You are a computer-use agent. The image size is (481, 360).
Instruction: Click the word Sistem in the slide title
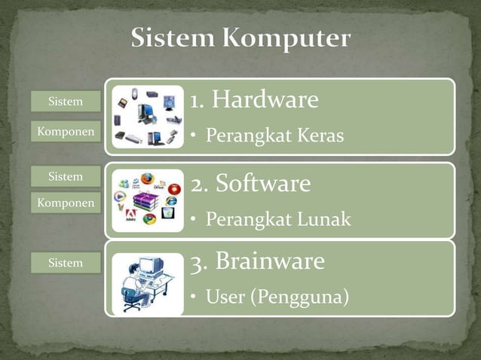pyautogui.click(x=170, y=38)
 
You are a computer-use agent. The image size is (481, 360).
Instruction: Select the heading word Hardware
pyautogui.click(x=264, y=99)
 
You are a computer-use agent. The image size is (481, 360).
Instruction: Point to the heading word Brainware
pyautogui.click(x=270, y=261)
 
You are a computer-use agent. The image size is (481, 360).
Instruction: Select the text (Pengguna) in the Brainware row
pyautogui.click(x=305, y=298)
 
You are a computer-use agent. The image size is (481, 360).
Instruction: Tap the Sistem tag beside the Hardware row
pyautogui.click(x=66, y=101)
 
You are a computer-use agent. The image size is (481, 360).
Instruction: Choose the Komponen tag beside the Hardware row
pyautogui.click(x=66, y=132)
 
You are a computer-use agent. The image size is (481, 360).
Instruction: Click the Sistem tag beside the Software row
pyautogui.click(x=66, y=176)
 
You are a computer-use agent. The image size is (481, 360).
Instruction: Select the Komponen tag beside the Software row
pyautogui.click(x=66, y=203)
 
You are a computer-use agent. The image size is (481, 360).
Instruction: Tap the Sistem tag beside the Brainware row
pyautogui.click(x=66, y=263)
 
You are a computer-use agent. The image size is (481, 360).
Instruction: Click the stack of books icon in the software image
pyautogui.click(x=145, y=201)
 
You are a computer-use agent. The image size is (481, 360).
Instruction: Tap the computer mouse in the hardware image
pyautogui.click(x=134, y=93)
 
